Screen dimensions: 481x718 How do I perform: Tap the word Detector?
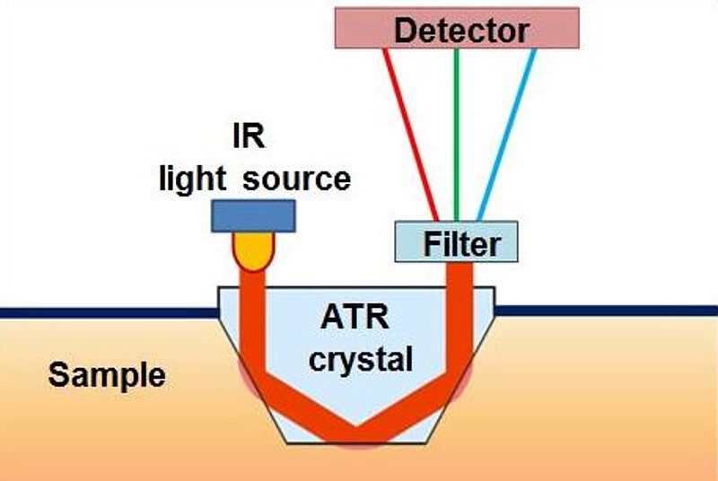pos(461,31)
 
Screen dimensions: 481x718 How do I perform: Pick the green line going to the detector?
pos(457,135)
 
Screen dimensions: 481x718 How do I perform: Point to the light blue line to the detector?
pos(507,135)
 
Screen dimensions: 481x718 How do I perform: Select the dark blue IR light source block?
pos(253,215)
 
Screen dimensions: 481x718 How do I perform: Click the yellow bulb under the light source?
pos(252,250)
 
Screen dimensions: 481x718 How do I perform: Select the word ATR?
pos(355,319)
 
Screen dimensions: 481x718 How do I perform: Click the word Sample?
pos(107,373)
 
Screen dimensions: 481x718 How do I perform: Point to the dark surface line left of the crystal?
pos(108,312)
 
